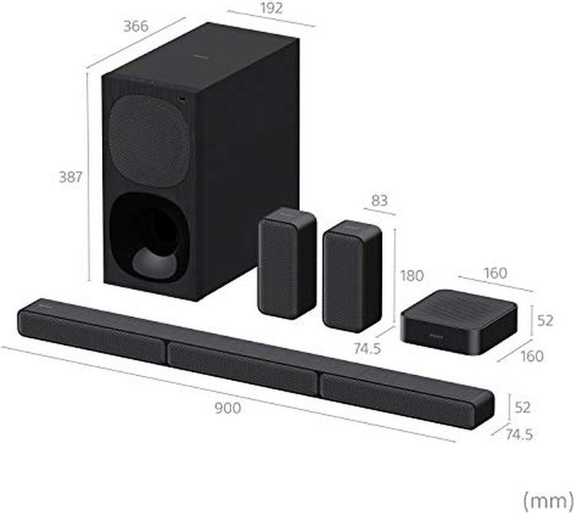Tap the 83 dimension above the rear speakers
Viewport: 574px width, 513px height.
pos(379,202)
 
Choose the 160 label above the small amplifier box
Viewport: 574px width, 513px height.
pos(494,273)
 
